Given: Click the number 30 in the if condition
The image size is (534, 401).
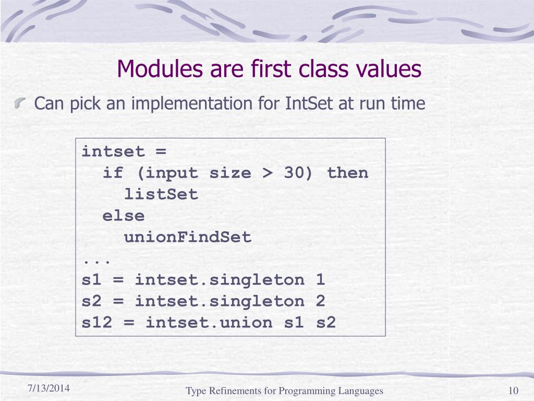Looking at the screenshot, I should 295,173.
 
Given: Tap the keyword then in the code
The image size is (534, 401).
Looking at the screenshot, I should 347,173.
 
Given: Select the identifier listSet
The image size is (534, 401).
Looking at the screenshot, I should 161,195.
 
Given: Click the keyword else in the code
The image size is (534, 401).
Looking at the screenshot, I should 124,216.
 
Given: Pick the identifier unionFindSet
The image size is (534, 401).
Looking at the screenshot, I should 188,238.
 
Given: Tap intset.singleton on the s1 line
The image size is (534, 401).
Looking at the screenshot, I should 220,280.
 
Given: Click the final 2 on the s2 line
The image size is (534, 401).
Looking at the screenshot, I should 320,301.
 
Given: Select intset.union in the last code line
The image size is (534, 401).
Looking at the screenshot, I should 209,323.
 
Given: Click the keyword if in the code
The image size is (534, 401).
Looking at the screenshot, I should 113,173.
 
